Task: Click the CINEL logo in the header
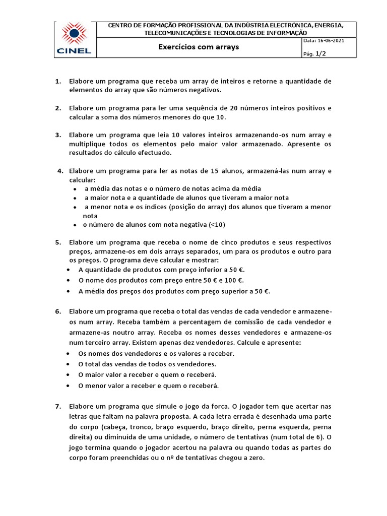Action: (74, 39)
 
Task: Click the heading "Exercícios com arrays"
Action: (199, 47)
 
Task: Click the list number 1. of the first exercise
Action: (58, 81)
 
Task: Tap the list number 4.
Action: (60, 171)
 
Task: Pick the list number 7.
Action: (58, 406)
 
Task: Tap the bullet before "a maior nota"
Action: (74, 198)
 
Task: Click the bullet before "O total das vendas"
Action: (69, 364)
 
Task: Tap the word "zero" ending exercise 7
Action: (253, 458)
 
